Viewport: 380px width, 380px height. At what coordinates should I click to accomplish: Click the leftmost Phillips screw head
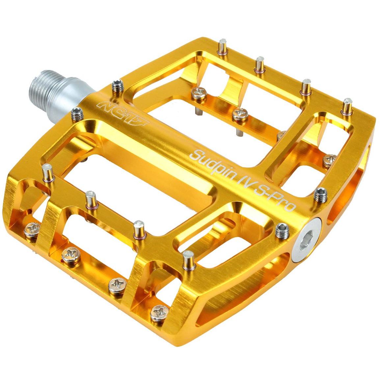(x=32, y=229)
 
